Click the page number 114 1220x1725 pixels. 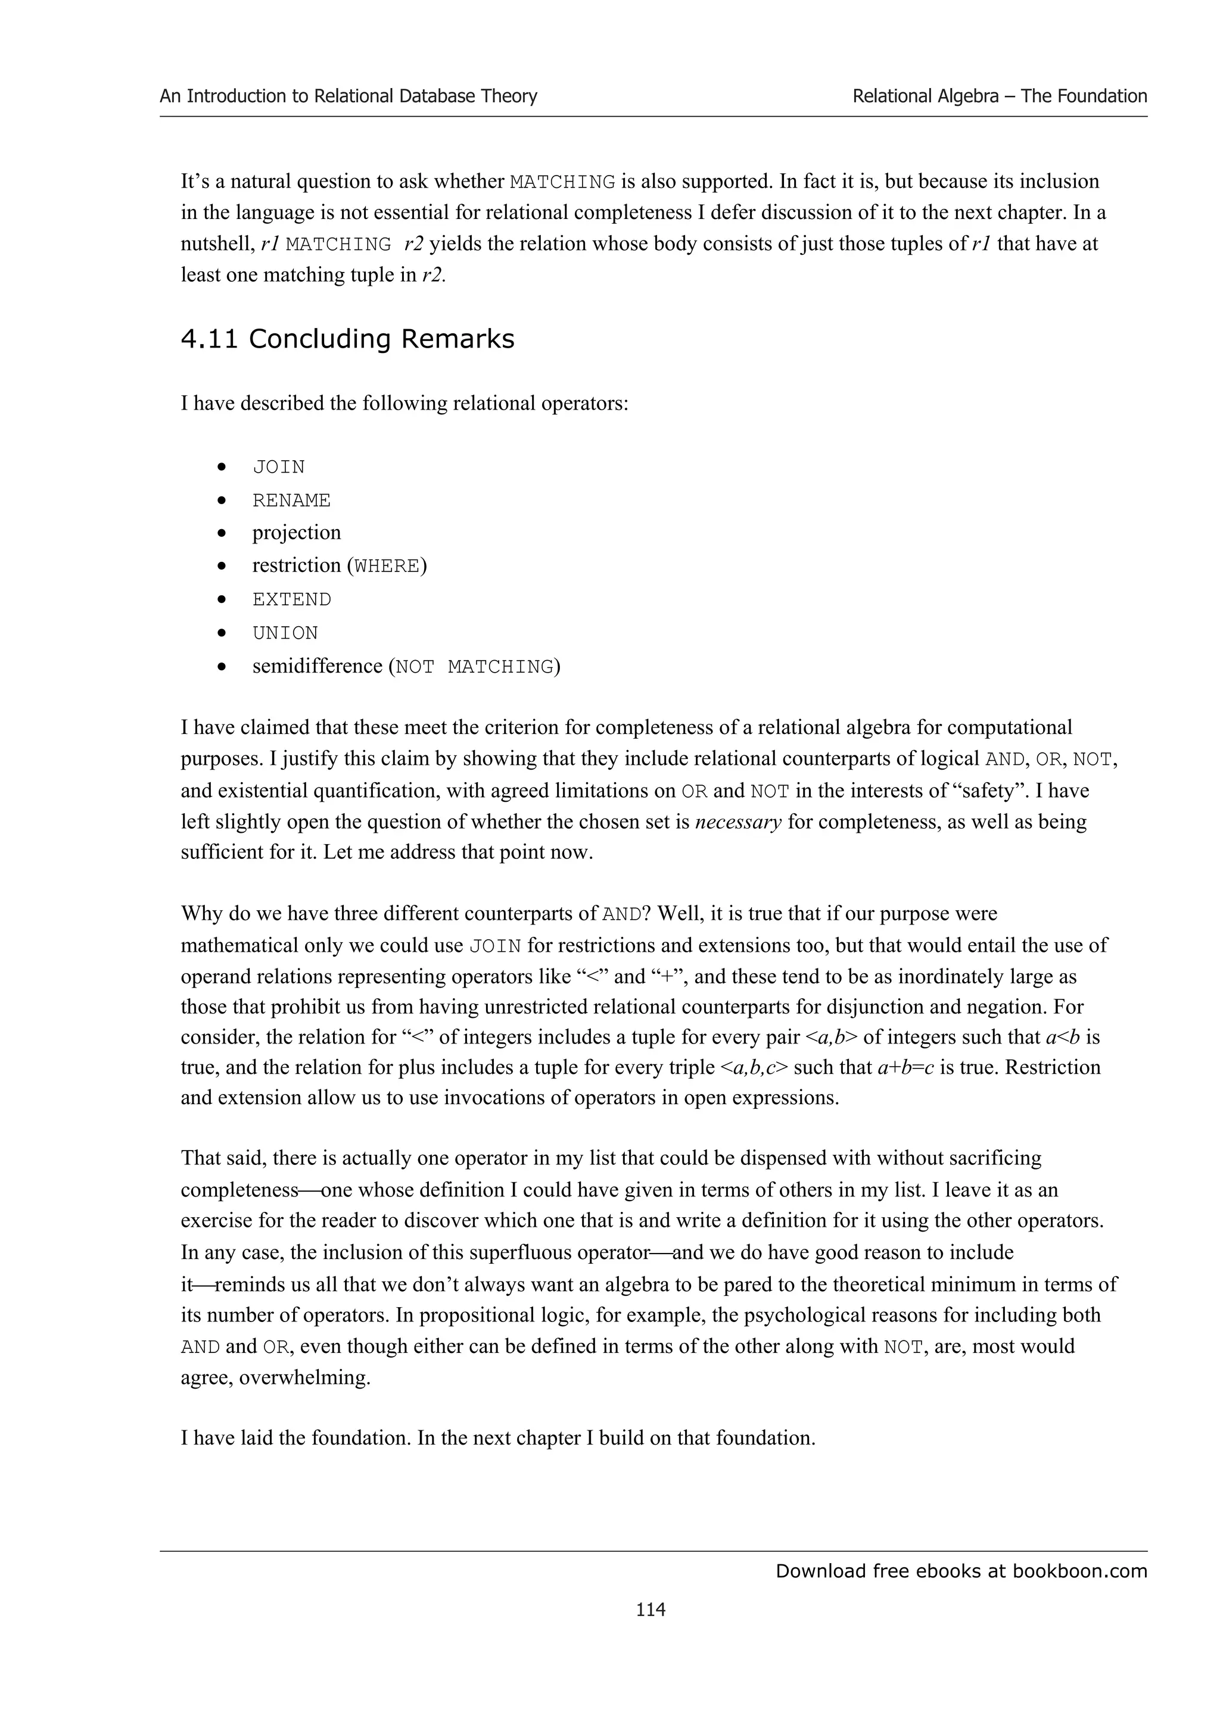tap(651, 1608)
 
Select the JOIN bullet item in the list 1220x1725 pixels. tap(279, 467)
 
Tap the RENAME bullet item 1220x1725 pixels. tap(292, 501)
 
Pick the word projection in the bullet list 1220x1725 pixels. tap(296, 533)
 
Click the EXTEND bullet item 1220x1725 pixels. tap(292, 599)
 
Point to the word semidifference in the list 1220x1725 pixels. tap(318, 667)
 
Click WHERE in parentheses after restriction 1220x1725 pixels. tap(387, 565)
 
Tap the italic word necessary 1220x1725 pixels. tap(738, 821)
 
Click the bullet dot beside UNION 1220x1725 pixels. tap(222, 633)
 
